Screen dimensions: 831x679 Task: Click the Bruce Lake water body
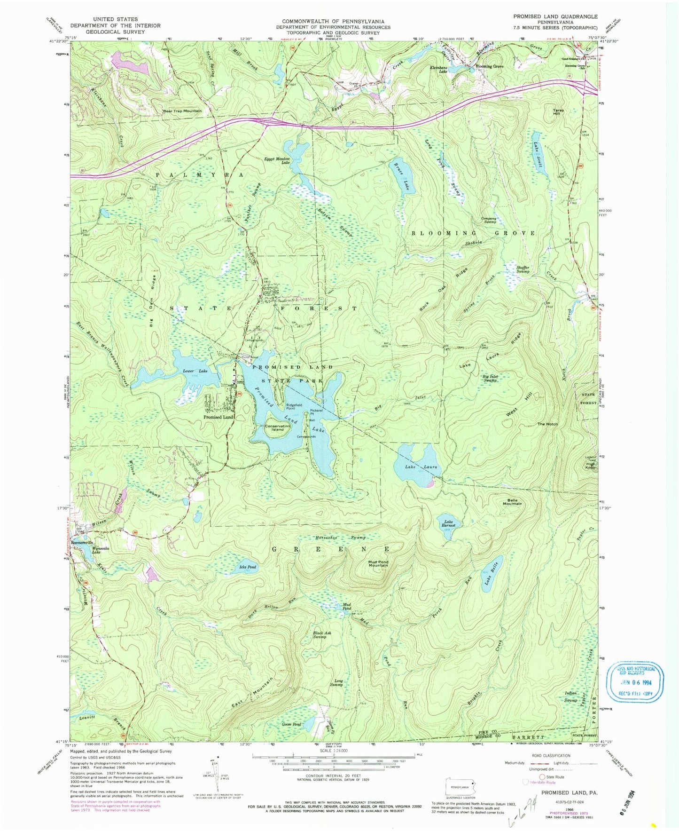click(400, 176)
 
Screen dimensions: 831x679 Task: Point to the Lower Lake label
click(195, 372)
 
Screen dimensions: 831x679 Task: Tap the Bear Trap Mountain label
click(182, 111)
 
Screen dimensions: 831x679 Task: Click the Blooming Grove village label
click(490, 66)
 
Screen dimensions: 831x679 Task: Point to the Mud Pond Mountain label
click(378, 563)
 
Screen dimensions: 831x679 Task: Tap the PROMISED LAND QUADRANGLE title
click(555, 16)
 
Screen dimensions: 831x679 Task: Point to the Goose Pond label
click(291, 725)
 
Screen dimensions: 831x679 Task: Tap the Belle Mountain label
click(512, 502)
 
